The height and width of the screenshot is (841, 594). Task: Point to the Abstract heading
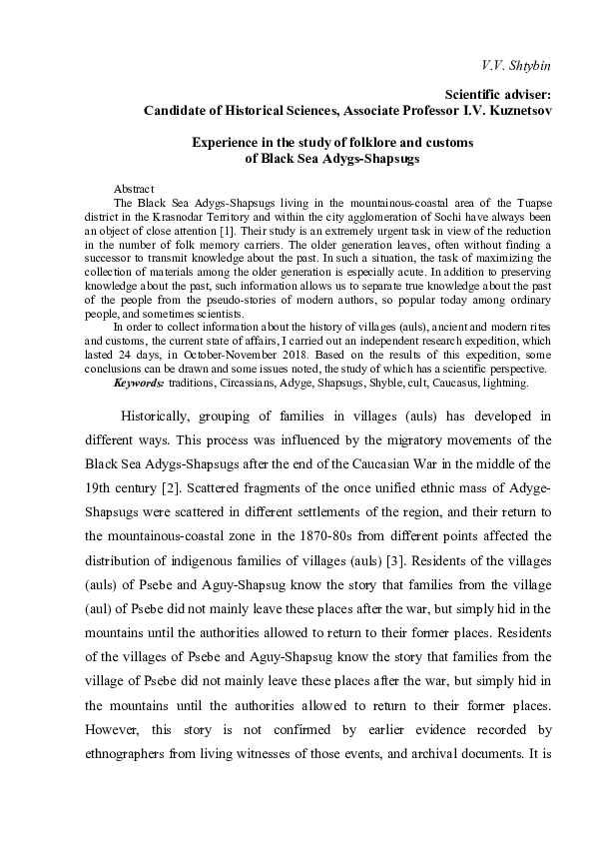(134, 188)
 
